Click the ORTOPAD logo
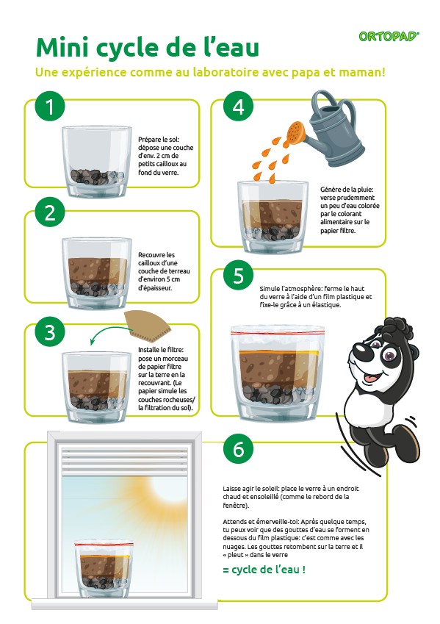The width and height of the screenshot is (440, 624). click(x=389, y=37)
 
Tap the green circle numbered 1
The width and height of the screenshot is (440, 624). click(x=50, y=107)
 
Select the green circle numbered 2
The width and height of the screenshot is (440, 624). click(x=50, y=212)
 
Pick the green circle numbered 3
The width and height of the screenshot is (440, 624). click(x=50, y=332)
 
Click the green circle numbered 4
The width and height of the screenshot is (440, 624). click(x=238, y=107)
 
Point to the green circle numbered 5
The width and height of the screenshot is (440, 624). click(x=238, y=276)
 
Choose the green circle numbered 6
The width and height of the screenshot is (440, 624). click(x=238, y=449)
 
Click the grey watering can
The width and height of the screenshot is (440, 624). click(x=332, y=129)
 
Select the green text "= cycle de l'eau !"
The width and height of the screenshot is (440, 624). click(x=264, y=570)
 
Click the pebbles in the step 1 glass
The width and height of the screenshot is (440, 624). click(x=97, y=176)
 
